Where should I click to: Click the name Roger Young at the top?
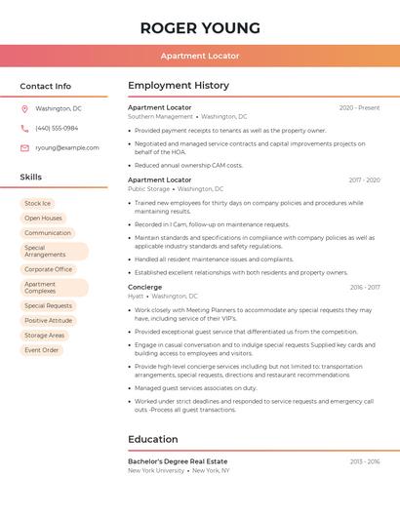200,27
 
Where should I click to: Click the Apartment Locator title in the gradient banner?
200,56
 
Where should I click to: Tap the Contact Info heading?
45,86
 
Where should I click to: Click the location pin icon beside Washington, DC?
24,108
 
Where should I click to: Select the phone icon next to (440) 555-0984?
24,128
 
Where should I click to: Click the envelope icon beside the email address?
24,148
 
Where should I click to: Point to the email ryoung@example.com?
66,148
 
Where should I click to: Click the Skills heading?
30,178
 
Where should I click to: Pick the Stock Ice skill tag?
37,204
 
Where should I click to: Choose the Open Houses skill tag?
43,219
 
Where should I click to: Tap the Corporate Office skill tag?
48,269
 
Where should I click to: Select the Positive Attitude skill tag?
48,320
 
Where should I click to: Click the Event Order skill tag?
42,350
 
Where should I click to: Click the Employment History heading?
179,86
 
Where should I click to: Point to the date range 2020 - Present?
359,107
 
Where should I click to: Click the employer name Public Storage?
149,189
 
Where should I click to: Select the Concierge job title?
144,287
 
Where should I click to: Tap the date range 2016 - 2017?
365,287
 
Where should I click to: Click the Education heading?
152,439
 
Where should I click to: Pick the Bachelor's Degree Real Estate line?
178,460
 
